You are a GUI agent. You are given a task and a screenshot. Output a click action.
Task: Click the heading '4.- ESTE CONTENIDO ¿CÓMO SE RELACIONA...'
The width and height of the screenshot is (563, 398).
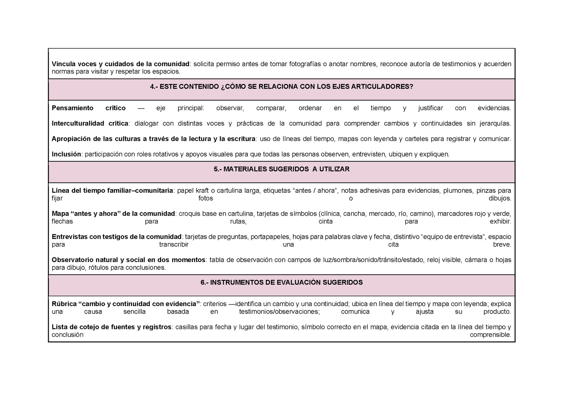click(x=281, y=87)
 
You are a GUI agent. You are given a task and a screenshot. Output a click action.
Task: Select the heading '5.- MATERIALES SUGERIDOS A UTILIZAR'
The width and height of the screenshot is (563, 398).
click(x=281, y=169)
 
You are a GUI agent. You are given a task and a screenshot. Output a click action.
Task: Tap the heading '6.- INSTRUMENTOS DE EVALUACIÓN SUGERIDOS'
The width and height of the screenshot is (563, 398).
click(x=281, y=282)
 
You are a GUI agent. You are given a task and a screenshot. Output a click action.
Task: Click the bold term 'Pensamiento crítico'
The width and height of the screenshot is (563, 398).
click(x=88, y=108)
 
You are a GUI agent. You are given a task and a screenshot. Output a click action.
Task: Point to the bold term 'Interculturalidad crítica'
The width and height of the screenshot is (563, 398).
click(x=90, y=123)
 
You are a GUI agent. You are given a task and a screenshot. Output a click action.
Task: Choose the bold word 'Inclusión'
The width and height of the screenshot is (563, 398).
click(x=66, y=154)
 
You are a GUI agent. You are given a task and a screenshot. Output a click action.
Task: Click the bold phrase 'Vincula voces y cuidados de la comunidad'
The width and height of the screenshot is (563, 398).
click(x=120, y=64)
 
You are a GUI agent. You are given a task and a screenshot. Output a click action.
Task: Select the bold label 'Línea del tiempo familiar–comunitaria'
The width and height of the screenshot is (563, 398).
click(x=112, y=190)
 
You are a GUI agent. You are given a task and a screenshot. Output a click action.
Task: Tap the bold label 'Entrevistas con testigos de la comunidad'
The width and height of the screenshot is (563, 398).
click(x=116, y=237)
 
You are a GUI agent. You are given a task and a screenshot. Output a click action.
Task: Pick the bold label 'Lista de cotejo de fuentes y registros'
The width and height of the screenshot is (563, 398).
click(x=111, y=327)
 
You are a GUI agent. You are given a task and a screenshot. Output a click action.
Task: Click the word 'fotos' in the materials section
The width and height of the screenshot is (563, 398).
click(x=206, y=198)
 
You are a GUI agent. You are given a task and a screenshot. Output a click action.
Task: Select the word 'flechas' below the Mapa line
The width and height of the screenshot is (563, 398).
click(x=62, y=222)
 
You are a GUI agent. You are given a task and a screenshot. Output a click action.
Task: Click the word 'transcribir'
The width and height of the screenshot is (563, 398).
click(x=174, y=245)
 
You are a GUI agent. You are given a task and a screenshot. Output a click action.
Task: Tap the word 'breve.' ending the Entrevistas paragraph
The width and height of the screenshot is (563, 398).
click(x=502, y=245)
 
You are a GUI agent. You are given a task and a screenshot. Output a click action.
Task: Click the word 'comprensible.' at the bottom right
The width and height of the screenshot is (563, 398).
click(x=490, y=335)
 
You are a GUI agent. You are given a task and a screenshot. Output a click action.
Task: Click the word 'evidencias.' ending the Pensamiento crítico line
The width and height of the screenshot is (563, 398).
click(x=494, y=108)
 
